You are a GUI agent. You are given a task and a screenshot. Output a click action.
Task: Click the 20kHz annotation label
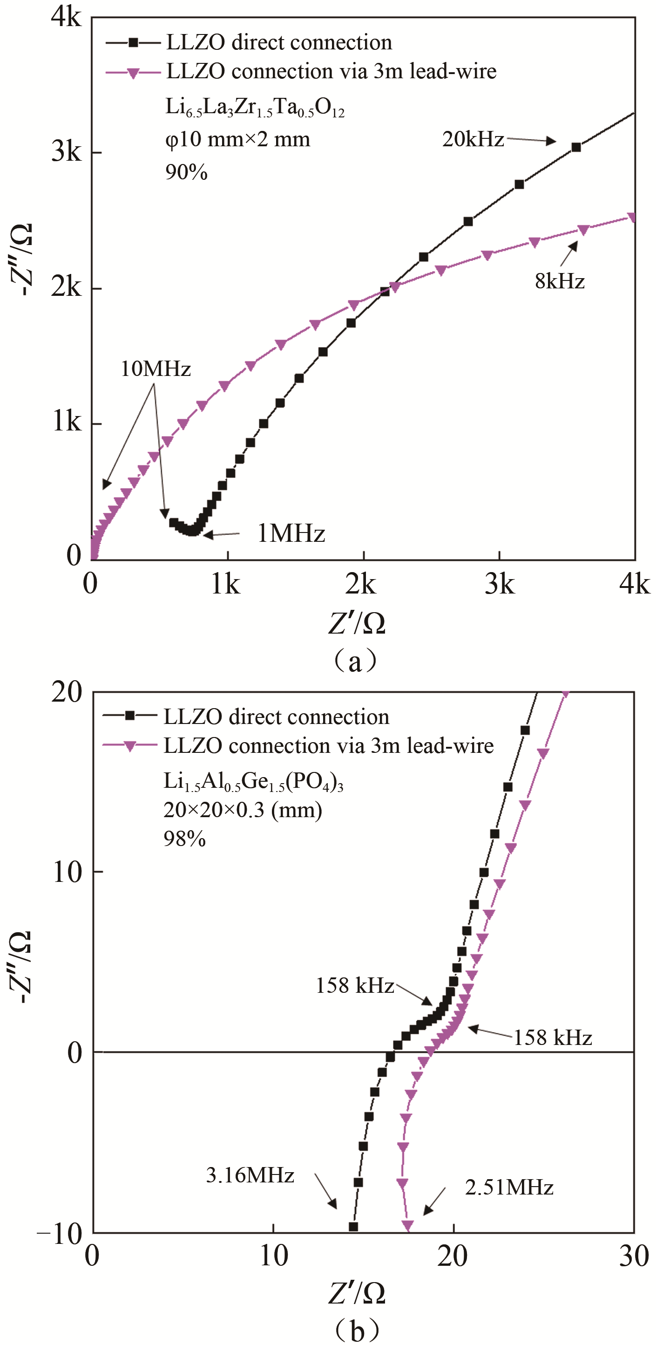pos(473,139)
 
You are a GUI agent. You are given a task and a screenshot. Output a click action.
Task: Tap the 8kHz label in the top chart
pos(560,281)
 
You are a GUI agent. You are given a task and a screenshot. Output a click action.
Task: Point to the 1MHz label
pos(291,533)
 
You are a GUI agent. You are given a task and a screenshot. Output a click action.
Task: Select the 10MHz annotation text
pos(156,369)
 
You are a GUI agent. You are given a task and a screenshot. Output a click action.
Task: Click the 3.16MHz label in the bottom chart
pos(250,1175)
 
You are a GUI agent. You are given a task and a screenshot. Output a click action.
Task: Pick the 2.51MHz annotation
pos(509,1188)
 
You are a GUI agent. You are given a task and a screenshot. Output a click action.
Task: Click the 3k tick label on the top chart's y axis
pos(67,152)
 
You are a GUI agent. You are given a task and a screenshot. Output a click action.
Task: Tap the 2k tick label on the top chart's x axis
pos(361,585)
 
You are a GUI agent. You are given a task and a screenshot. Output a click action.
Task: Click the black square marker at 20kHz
pos(576,148)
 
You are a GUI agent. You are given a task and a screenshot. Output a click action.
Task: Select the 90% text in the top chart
pos(186,172)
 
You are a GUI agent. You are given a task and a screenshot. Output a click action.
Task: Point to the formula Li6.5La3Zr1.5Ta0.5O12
pos(255,108)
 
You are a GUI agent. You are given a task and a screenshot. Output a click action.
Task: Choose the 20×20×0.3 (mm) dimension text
pos(243,810)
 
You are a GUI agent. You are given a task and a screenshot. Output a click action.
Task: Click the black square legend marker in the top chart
pos(133,42)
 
